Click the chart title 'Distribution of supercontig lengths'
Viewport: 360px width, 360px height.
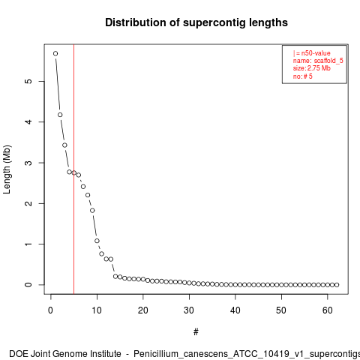196,22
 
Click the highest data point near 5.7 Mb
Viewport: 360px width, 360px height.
55,53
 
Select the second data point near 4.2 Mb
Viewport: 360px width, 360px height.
60,115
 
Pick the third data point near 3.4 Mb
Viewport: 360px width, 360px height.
64,145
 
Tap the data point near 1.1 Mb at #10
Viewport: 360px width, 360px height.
97,241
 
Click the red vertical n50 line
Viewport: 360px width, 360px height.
73,169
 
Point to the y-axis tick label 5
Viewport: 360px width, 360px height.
28,81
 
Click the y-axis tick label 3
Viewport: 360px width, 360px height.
28,163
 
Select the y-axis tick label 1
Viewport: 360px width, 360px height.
28,244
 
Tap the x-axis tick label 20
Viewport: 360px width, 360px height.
143,310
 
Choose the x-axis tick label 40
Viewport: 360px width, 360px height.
235,310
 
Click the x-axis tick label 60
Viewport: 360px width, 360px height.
328,310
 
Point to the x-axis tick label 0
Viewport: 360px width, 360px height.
51,310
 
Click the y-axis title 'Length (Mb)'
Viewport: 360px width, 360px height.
7,169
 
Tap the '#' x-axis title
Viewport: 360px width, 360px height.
196,332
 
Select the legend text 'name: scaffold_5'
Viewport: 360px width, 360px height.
318,61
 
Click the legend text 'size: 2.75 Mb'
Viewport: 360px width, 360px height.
312,68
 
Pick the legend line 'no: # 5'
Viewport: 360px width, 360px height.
303,76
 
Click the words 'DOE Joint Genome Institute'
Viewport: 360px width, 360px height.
65,354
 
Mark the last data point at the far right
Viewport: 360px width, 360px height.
337,285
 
